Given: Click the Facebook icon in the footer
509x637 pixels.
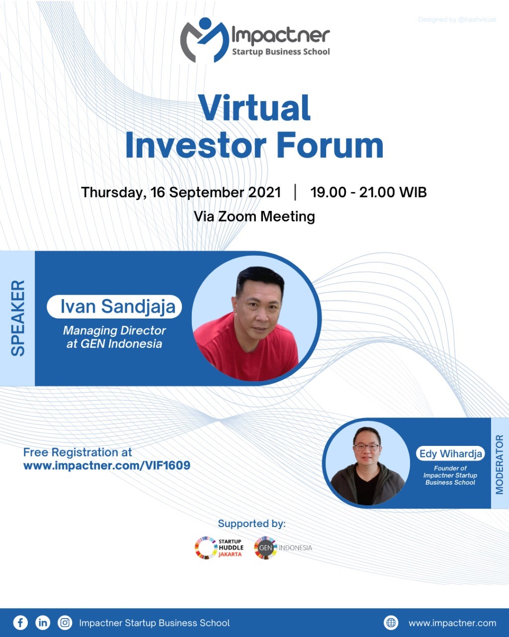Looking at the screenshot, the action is [x=20, y=623].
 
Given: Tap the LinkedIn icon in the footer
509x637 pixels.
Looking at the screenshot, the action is [x=43, y=623].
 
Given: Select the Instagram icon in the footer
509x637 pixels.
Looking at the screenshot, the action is [x=65, y=623].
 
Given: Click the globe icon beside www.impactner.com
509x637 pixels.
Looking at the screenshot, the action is [x=391, y=623].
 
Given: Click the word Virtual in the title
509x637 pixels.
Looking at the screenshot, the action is [x=254, y=108].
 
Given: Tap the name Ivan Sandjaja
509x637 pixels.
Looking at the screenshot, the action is [x=118, y=307].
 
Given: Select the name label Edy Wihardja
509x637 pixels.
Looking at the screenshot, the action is [x=450, y=453].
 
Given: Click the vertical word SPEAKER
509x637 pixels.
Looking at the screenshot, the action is [x=18, y=318].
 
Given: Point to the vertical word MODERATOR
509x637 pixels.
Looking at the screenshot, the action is [x=500, y=464].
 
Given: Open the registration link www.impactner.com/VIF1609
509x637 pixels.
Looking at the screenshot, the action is [x=107, y=466].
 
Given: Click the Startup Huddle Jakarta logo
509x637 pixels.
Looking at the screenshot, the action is [x=219, y=547].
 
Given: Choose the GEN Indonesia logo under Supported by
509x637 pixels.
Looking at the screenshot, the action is [x=283, y=548].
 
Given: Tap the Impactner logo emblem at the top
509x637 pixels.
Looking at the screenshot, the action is [x=204, y=40].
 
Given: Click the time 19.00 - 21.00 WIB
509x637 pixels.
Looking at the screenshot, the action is [x=368, y=192].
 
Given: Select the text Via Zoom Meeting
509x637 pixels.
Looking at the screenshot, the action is [x=254, y=216].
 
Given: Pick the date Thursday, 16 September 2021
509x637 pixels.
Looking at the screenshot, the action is [x=181, y=193].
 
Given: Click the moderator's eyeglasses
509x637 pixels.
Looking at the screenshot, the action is [x=367, y=447].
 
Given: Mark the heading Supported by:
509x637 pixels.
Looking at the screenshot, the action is [x=252, y=524].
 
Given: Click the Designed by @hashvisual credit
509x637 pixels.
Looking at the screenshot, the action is [x=457, y=19].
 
